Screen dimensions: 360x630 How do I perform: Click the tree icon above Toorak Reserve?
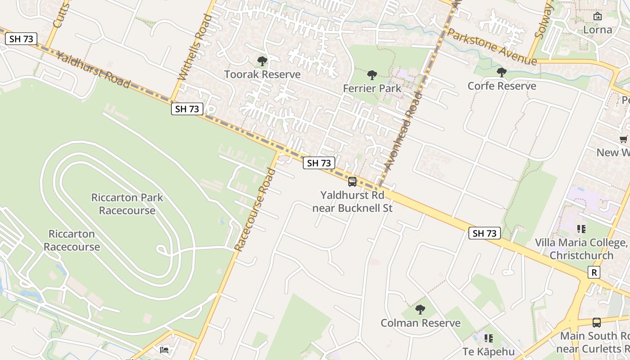click(262, 61)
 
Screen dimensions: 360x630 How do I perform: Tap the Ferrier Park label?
click(372, 88)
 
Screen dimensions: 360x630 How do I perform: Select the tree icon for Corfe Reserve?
click(502, 72)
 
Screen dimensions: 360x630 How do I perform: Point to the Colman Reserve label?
click(420, 323)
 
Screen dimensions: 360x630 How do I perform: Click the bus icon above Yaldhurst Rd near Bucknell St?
click(352, 182)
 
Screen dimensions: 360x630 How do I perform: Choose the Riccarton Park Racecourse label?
click(127, 204)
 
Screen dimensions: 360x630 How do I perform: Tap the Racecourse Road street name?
click(255, 209)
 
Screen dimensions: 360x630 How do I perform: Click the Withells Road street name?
click(195, 47)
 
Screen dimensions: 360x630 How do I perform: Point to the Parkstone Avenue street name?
click(492, 46)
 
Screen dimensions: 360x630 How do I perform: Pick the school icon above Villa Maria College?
click(581, 229)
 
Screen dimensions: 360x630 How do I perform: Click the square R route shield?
click(594, 272)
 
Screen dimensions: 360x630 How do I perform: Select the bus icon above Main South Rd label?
click(597, 323)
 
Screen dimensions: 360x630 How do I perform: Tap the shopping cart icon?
click(623, 139)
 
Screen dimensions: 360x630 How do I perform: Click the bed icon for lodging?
click(164, 350)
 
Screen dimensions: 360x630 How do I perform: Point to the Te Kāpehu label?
click(488, 351)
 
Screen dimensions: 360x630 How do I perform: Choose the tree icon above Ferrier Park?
click(372, 75)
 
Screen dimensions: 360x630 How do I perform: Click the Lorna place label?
click(598, 30)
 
